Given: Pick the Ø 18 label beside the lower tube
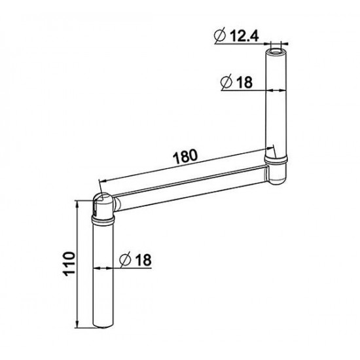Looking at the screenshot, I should pos(136,260).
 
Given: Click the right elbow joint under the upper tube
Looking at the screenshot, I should pos(278,168).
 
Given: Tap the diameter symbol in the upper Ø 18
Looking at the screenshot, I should pos(226,83).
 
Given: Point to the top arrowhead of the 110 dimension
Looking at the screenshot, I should pos(79,203).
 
